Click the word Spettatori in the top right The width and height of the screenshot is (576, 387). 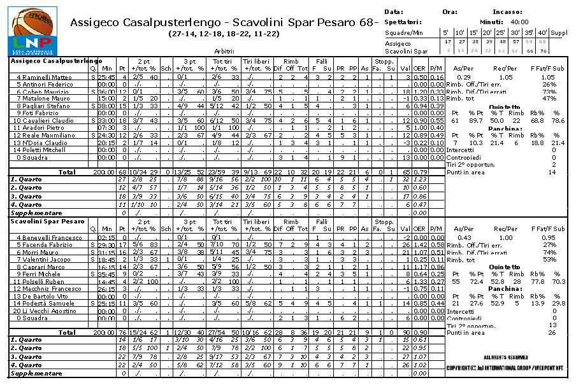pyautogui.click(x=403, y=22)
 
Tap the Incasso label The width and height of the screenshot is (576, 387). pyautogui.click(x=507, y=11)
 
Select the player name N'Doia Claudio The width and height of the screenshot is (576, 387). pyautogui.click(x=45, y=143)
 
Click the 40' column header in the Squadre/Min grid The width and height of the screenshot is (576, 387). pyautogui.click(x=542, y=32)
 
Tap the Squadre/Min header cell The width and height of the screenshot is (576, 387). pyautogui.click(x=404, y=32)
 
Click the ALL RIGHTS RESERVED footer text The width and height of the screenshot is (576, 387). pyautogui.click(x=505, y=358)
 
